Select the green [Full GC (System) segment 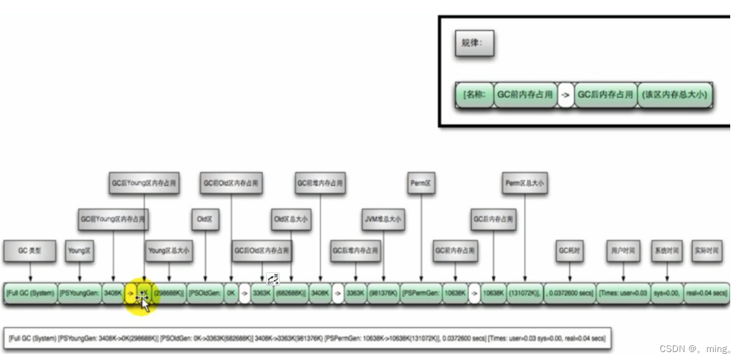(x=31, y=293)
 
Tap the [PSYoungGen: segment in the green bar (x=80, y=293)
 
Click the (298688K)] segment (x=169, y=293)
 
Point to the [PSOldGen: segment (x=205, y=293)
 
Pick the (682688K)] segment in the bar (x=291, y=293)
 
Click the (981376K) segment (x=383, y=293)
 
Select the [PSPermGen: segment (x=422, y=293)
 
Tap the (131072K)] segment (x=524, y=293)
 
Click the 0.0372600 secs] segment (x=570, y=293)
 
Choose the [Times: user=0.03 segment (x=623, y=293)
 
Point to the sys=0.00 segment (x=666, y=293)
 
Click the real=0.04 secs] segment (x=707, y=293)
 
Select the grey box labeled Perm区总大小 (x=525, y=183)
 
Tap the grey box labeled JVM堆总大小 (x=383, y=219)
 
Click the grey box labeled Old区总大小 (x=291, y=219)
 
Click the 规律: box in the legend (x=473, y=44)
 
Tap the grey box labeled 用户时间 (x=623, y=251)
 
